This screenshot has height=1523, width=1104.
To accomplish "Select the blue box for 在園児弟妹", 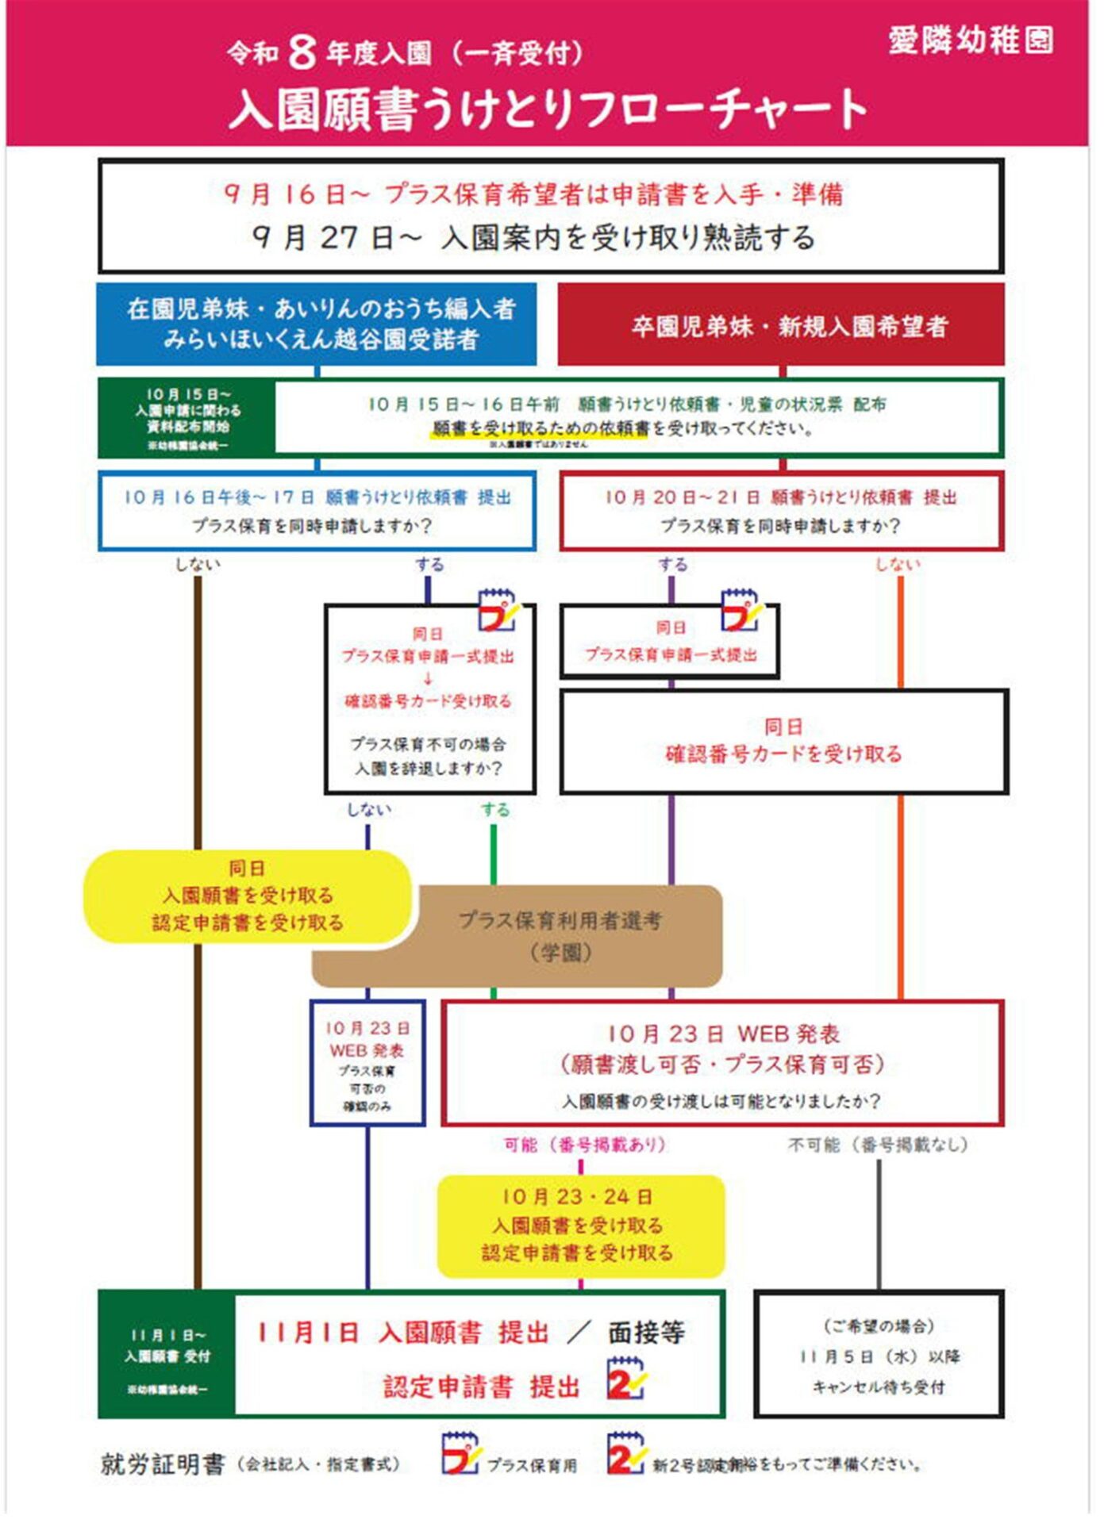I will [317, 324].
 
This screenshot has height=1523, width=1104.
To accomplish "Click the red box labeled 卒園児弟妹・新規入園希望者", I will [781, 324].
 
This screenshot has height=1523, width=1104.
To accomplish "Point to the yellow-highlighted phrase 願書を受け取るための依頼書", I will [540, 429].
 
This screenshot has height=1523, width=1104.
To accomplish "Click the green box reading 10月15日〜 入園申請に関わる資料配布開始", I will [187, 418].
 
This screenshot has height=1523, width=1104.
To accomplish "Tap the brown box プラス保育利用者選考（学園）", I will [560, 936].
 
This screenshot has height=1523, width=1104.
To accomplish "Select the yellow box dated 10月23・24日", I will [580, 1226].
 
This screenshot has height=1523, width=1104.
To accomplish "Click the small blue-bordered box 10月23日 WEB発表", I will [367, 1063].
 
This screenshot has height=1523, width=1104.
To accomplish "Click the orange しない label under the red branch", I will [898, 564].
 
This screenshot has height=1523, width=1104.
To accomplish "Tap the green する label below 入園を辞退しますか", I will [494, 810].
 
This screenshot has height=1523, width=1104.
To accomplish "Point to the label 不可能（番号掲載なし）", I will [878, 1145].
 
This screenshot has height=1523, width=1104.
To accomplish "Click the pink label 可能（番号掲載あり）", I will [585, 1145].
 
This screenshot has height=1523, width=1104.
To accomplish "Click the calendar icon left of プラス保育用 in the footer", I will [460, 1454].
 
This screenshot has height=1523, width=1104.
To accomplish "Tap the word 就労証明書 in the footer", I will [163, 1464].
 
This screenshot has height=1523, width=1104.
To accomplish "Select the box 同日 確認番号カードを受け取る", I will [783, 741].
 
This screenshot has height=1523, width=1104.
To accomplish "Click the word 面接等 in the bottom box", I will [646, 1333].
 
